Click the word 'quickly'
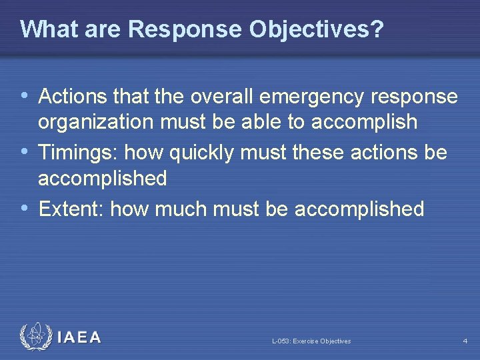click(x=206, y=153)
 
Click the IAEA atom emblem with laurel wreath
click(x=35, y=337)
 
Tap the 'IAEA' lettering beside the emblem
click(x=79, y=337)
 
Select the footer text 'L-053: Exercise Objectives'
click(x=311, y=341)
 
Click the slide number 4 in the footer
click(x=465, y=341)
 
